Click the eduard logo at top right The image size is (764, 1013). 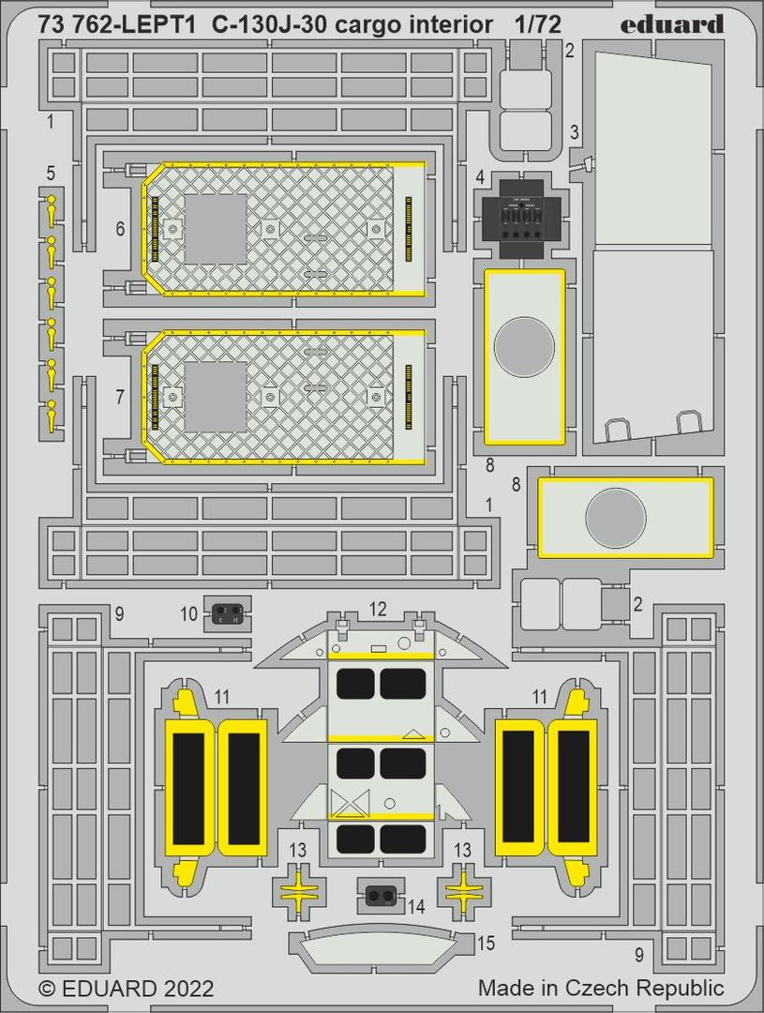(x=671, y=24)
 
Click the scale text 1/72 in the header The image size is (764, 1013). (x=539, y=25)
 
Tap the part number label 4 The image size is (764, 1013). (x=479, y=177)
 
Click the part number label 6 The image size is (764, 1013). (x=120, y=229)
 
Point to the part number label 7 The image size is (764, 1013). (x=120, y=397)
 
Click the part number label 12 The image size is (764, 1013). (x=378, y=609)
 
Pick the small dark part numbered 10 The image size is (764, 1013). (x=228, y=610)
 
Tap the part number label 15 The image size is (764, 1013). (x=487, y=944)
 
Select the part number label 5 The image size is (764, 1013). (x=51, y=174)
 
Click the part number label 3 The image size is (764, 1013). (x=574, y=133)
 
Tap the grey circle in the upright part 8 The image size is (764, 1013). (x=524, y=348)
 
